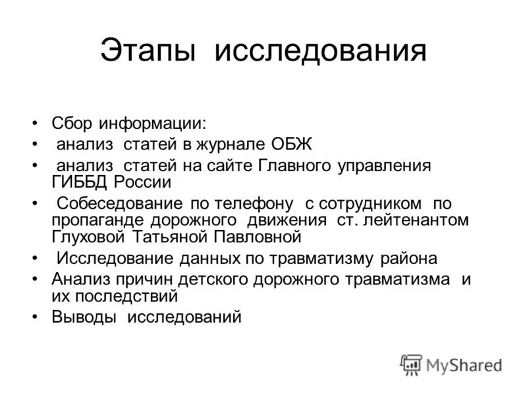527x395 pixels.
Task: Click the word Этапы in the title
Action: tap(149, 51)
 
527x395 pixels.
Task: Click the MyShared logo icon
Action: tap(411, 364)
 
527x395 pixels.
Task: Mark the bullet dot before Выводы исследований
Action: tap(34, 317)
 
